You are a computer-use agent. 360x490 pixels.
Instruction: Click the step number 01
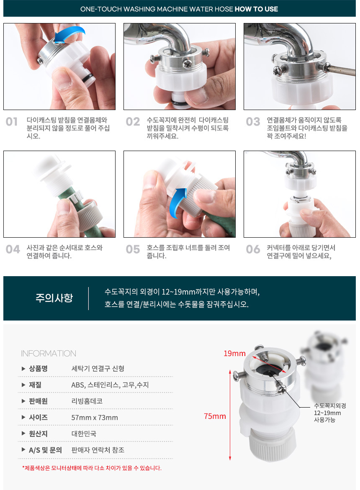coord(12,122)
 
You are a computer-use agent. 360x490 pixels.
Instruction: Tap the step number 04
coord(13,249)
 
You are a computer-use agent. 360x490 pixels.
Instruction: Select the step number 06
coord(253,249)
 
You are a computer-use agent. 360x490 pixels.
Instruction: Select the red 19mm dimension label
coord(234,354)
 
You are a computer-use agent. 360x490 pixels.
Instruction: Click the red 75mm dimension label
coord(215,416)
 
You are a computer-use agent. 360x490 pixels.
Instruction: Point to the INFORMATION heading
coord(49,354)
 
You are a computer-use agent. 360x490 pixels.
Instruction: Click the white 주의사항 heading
coord(54,298)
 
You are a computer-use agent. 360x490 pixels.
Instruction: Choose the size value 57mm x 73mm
coord(95,418)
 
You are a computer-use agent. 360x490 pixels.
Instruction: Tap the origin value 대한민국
coord(84,434)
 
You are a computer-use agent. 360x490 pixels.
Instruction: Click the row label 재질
coord(35,385)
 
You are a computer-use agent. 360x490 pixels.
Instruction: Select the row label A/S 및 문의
coord(45,450)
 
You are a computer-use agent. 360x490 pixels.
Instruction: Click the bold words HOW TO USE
coord(256,9)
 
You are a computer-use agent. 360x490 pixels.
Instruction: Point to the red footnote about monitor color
coord(92,468)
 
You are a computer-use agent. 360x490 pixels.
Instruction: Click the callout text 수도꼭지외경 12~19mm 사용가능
coord(330,413)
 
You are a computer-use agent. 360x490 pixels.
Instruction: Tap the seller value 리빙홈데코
coord(87,401)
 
